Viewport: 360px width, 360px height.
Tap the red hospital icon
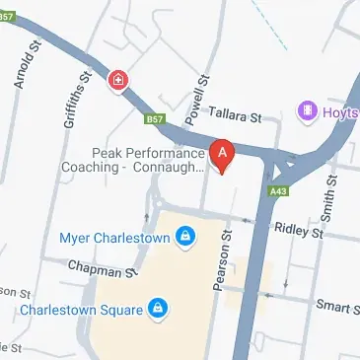(118, 79)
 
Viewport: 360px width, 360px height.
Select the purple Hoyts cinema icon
(308, 110)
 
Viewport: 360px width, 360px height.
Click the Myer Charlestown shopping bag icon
(183, 236)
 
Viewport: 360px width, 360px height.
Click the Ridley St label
(302, 232)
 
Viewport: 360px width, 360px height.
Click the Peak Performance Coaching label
(148, 160)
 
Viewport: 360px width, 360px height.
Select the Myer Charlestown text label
(113, 237)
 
